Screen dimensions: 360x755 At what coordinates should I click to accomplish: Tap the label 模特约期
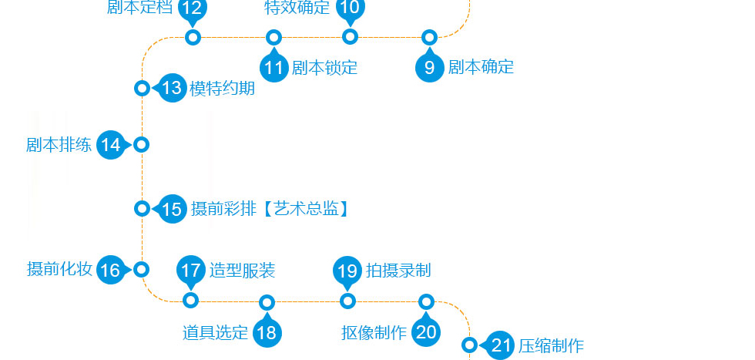click(x=223, y=88)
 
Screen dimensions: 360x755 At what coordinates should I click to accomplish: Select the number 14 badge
click(x=111, y=145)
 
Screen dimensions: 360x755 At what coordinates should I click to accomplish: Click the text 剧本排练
click(x=59, y=145)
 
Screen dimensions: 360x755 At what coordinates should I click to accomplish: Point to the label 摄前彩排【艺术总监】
click(x=270, y=209)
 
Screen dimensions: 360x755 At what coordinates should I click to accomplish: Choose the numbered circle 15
click(x=173, y=209)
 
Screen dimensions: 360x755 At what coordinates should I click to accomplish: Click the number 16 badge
click(x=111, y=270)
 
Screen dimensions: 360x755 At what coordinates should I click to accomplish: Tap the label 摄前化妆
click(x=59, y=270)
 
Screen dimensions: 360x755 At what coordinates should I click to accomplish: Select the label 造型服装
click(x=242, y=271)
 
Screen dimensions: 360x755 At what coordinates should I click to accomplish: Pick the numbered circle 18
click(x=267, y=332)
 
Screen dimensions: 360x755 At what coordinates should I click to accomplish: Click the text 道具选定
click(x=215, y=333)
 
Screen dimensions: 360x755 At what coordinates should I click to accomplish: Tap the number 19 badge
click(x=347, y=271)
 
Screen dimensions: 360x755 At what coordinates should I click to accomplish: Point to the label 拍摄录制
click(x=398, y=271)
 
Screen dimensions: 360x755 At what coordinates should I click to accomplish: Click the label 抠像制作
click(x=374, y=333)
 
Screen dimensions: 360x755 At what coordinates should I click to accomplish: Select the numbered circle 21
click(x=502, y=345)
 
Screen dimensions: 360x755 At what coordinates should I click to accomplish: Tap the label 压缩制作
click(x=551, y=345)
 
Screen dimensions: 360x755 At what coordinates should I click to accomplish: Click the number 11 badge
click(x=274, y=67)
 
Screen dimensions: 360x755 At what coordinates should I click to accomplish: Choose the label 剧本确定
click(x=481, y=67)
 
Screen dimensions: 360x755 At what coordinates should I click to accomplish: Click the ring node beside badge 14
click(x=141, y=145)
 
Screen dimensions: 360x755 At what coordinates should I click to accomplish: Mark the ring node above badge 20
click(x=426, y=301)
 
